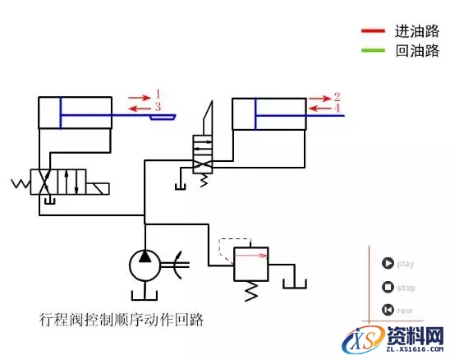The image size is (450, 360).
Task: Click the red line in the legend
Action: click(373, 32)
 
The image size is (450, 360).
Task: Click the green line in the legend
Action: click(373, 52)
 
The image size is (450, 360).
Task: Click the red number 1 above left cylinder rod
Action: click(158, 95)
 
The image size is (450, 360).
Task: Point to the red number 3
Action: click(158, 107)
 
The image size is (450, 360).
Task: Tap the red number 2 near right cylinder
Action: click(337, 96)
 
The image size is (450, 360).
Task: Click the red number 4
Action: click(337, 108)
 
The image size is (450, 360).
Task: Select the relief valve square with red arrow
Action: click(252, 264)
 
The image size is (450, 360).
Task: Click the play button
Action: click(387, 264)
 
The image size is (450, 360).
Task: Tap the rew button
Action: click(387, 310)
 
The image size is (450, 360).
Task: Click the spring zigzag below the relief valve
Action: click(252, 290)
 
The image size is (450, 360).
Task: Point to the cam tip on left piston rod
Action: click(163, 118)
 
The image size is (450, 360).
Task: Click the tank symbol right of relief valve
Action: click(295, 284)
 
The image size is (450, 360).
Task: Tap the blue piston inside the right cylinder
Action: click(256, 113)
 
